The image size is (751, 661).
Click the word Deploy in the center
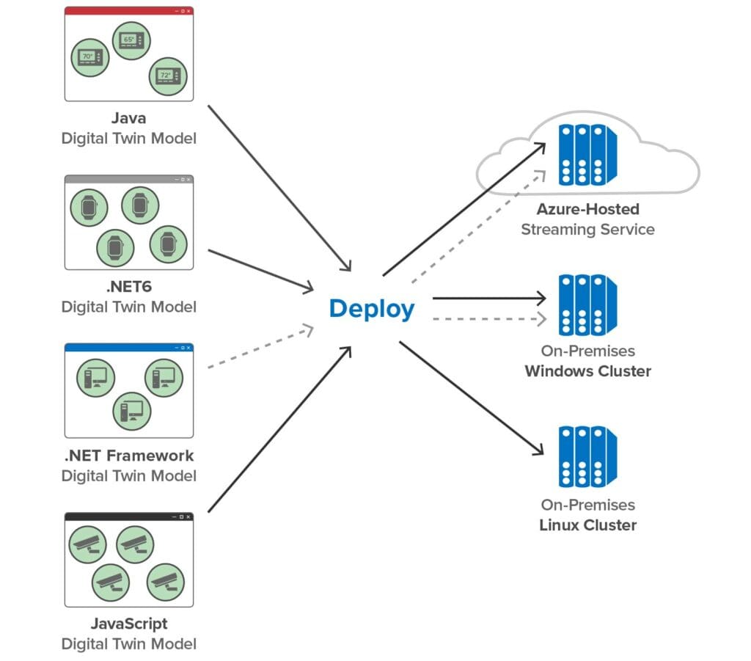tap(371, 309)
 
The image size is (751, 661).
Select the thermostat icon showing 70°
tap(89, 57)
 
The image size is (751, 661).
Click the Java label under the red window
tap(129, 117)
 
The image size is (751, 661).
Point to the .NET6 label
tap(129, 286)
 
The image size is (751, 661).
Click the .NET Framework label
tap(129, 455)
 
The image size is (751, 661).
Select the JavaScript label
tap(129, 624)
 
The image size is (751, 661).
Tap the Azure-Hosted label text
tap(587, 209)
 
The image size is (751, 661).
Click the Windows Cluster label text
tap(587, 370)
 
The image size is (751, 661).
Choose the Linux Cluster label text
tap(587, 525)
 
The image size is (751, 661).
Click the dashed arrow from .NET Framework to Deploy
tap(260, 348)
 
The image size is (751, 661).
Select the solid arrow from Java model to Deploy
tap(279, 187)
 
